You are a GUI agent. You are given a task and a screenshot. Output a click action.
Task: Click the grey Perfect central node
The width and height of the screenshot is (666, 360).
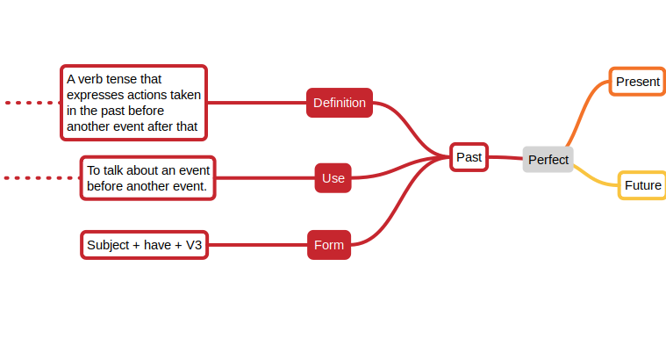click(x=548, y=160)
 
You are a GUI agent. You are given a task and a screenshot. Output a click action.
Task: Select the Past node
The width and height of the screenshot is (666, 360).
click(x=469, y=157)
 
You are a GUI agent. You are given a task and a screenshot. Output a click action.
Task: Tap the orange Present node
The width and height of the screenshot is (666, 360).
click(x=637, y=82)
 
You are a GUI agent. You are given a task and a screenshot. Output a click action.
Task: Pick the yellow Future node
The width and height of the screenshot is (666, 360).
click(x=642, y=185)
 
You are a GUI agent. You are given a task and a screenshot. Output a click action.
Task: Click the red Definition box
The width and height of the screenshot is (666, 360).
click(x=340, y=103)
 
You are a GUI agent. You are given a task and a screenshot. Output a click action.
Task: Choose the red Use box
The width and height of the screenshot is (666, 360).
click(x=333, y=178)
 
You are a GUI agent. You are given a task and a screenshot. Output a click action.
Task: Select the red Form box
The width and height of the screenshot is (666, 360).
click(x=329, y=245)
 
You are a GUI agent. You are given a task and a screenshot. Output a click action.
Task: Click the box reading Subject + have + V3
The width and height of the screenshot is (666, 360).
click(x=145, y=245)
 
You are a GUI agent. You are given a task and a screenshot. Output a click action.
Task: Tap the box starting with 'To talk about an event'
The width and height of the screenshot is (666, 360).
click(x=148, y=178)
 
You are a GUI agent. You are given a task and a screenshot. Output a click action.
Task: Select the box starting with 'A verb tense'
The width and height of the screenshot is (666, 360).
click(x=133, y=103)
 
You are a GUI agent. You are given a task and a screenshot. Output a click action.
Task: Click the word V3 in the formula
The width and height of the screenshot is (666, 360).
click(x=194, y=245)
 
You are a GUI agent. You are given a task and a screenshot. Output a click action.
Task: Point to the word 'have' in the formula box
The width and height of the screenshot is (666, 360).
click(x=157, y=245)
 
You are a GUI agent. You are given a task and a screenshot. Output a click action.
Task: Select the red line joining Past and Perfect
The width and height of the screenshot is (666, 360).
click(x=505, y=158)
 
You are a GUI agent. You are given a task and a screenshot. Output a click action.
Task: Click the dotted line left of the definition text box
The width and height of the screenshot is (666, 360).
click(x=31, y=103)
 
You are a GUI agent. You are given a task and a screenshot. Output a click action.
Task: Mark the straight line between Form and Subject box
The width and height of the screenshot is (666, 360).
click(x=257, y=245)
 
